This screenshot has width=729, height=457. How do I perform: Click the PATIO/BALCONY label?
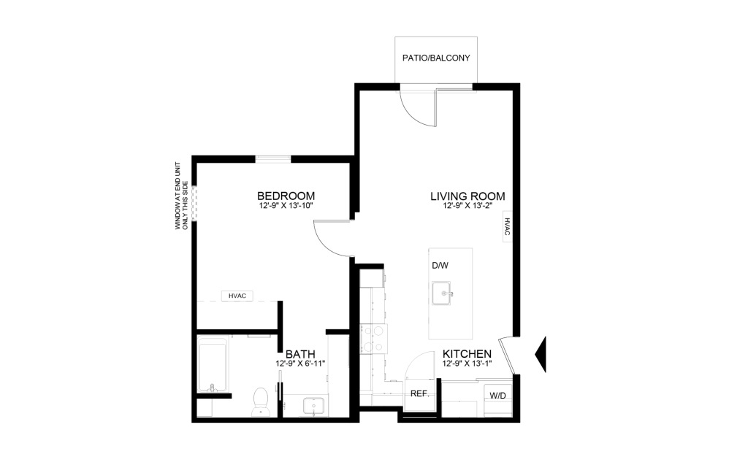436,58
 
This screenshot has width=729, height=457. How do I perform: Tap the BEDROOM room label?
286,196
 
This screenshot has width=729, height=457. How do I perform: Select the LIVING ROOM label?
467,196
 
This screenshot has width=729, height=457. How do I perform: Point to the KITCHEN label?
467,354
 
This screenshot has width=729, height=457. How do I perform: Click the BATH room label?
300,354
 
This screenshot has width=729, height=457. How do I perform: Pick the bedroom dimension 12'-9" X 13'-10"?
286,205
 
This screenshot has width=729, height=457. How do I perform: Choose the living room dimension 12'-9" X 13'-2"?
467,205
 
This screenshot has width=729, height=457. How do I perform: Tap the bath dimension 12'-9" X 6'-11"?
300,364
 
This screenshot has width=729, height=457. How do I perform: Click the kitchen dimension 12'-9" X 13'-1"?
467,363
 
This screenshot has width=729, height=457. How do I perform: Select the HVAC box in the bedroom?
237,296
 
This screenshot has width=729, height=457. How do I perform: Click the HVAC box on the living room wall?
507,227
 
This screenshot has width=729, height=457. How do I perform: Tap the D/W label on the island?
440,266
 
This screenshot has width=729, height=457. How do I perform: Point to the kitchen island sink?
441,293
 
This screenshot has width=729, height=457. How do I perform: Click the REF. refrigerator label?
419,393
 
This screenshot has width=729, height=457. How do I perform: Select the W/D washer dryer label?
498,396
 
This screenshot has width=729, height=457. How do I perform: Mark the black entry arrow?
541,354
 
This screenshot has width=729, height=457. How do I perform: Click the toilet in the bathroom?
260,402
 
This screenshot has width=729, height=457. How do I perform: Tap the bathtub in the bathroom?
213,365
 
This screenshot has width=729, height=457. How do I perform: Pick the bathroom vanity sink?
316,406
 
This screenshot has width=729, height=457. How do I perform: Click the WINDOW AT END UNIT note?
181,196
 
